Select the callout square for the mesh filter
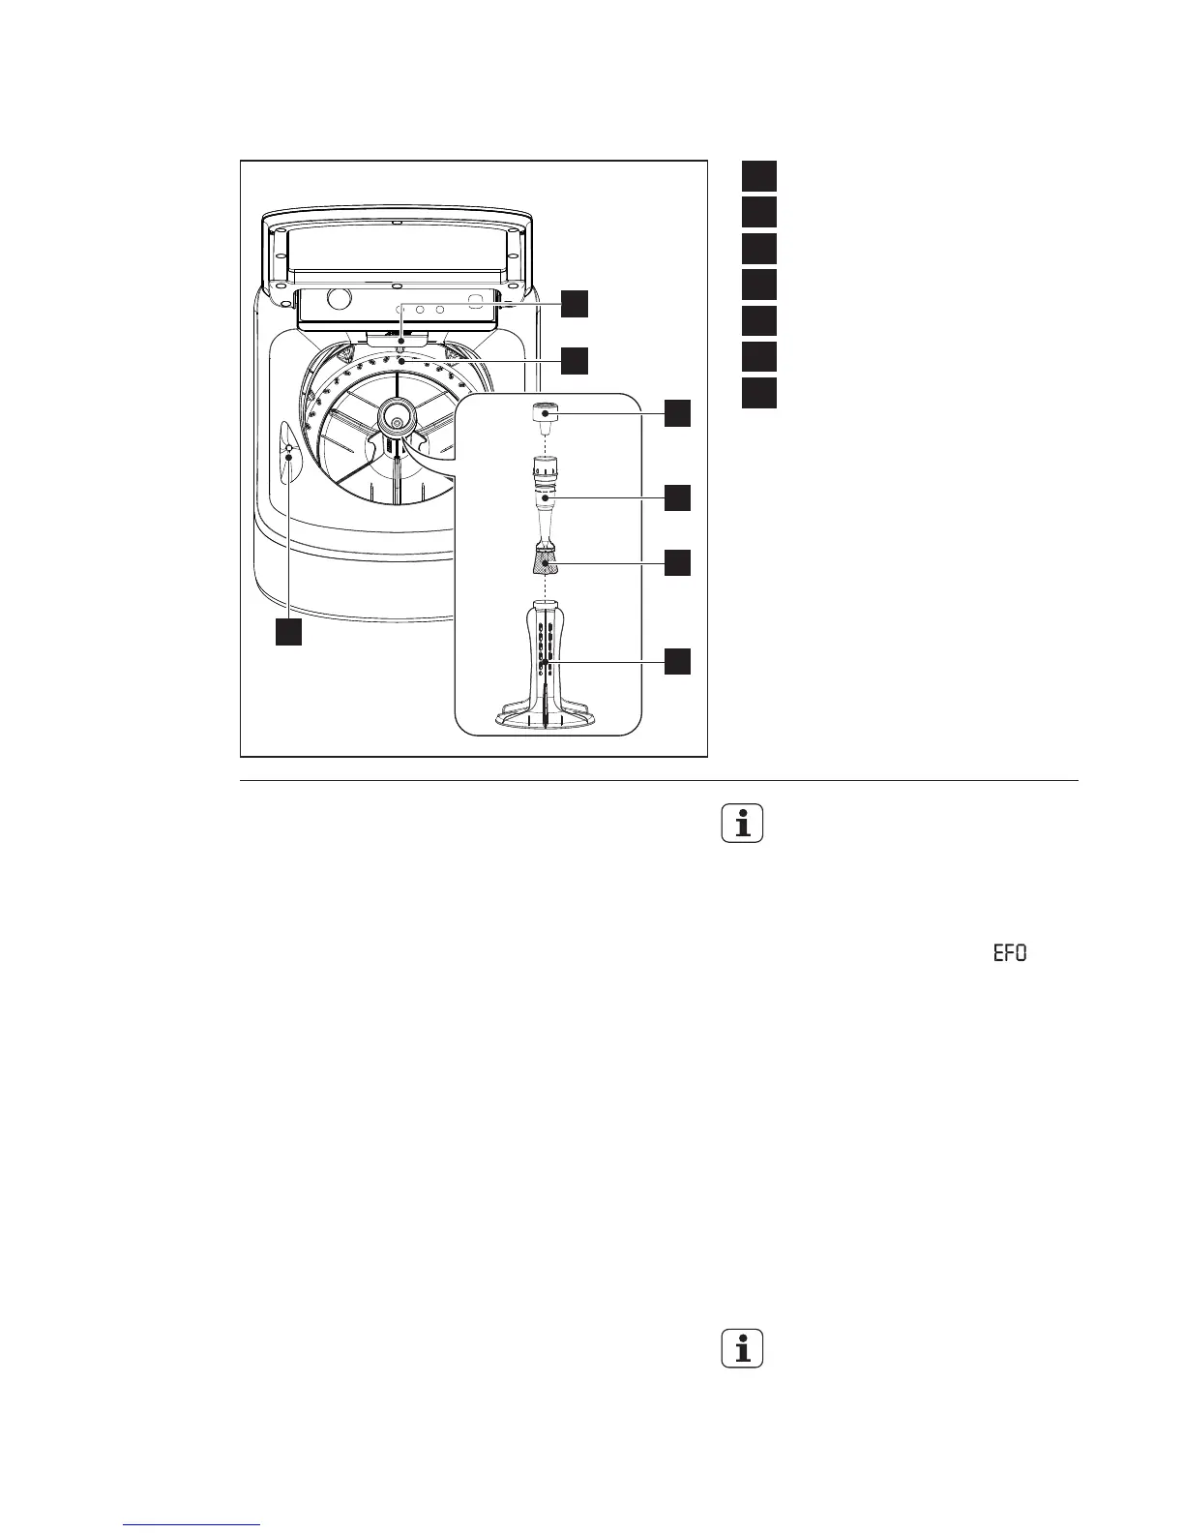[x=677, y=562]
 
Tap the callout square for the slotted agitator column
[x=677, y=662]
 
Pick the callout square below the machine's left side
[x=287, y=632]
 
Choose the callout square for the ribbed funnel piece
[x=677, y=497]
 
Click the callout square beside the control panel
[x=575, y=303]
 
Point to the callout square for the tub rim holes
[x=575, y=361]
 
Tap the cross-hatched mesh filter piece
[x=547, y=560]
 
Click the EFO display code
[x=1008, y=954]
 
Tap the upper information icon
[x=743, y=825]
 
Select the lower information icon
[x=743, y=1350]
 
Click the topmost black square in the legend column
[x=759, y=175]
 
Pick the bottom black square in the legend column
[x=759, y=394]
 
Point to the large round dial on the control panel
[x=338, y=298]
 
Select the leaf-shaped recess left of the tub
[x=288, y=450]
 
